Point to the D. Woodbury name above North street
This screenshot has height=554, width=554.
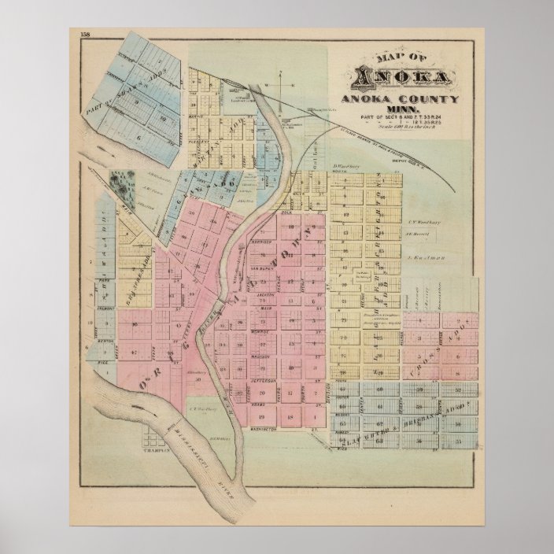tap(347, 166)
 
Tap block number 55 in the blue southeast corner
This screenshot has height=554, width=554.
tap(459, 445)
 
